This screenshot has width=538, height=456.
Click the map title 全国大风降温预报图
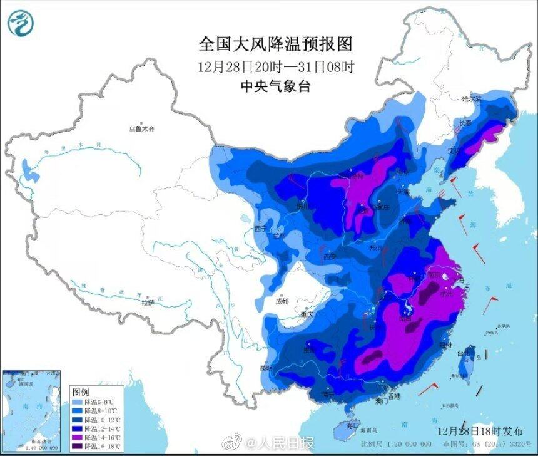tap(275, 44)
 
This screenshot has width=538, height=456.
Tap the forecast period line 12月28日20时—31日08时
tap(275, 66)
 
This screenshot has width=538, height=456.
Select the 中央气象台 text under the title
tap(275, 87)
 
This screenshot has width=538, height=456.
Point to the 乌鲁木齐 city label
tap(141, 129)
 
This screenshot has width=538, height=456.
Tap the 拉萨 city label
tap(147, 303)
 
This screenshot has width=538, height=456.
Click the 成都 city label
tap(282, 301)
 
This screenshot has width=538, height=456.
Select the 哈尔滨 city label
tap(472, 98)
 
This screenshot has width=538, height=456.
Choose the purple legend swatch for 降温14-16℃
tap(77, 438)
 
